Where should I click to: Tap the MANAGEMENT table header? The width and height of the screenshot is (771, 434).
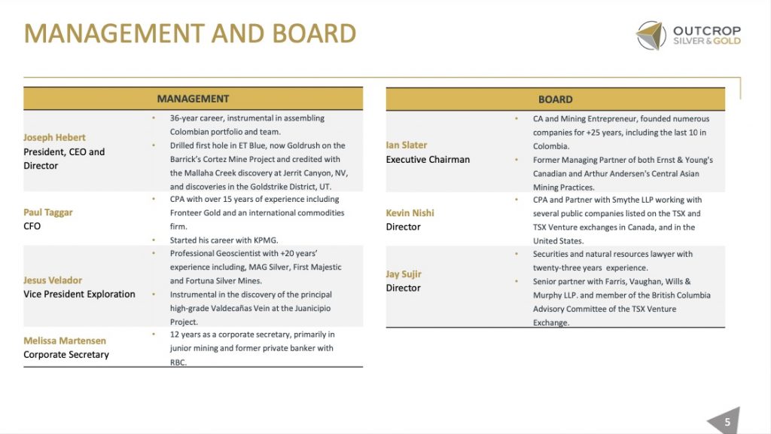click(x=193, y=99)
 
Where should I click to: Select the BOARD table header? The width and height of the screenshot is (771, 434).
click(x=555, y=99)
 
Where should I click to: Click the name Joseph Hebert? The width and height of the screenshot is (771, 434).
click(x=54, y=138)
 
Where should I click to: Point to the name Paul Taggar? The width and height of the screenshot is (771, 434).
click(x=48, y=212)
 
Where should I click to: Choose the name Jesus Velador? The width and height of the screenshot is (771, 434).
click(x=53, y=280)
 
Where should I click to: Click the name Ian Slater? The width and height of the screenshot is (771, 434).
click(x=407, y=145)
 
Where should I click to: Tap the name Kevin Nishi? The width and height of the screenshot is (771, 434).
click(x=410, y=212)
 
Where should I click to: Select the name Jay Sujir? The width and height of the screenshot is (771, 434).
click(x=404, y=274)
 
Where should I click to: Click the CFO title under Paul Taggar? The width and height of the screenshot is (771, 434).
click(x=32, y=226)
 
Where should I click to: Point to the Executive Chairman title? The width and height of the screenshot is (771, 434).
click(x=428, y=159)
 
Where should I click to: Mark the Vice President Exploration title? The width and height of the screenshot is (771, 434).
click(x=79, y=294)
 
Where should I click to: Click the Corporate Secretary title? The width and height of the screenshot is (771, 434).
click(x=66, y=354)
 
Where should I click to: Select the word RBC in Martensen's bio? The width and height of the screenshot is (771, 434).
click(x=178, y=362)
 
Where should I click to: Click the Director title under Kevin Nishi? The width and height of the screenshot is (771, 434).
click(x=403, y=227)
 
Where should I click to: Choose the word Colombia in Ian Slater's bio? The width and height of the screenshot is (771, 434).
click(x=551, y=146)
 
